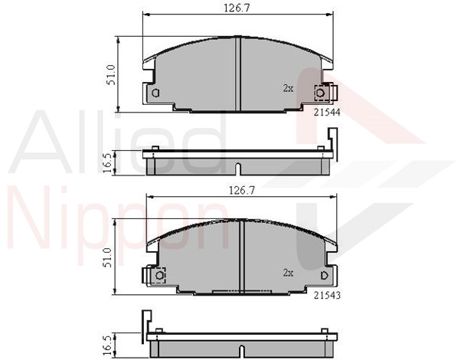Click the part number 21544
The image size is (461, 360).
click(x=327, y=112)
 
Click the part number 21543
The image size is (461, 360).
click(x=327, y=295)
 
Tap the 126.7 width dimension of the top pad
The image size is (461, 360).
click(x=237, y=8)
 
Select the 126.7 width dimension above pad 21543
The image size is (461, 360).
click(x=242, y=191)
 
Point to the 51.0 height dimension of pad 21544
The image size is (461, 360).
click(x=112, y=75)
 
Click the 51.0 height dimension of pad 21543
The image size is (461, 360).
click(x=108, y=257)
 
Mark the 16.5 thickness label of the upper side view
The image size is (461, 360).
click(x=108, y=162)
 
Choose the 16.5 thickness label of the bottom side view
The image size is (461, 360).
click(x=108, y=345)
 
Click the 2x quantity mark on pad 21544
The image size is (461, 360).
click(x=288, y=88)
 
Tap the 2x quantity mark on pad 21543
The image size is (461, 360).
click(x=288, y=273)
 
